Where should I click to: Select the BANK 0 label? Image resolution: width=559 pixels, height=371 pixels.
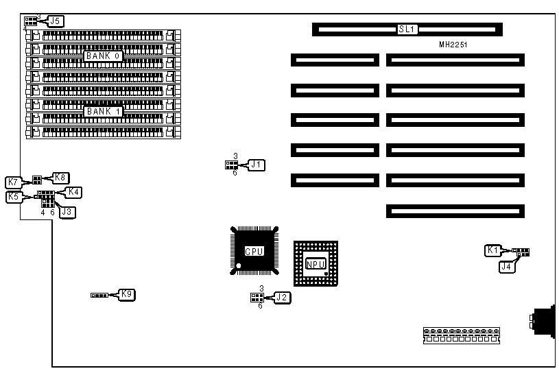click(104, 56)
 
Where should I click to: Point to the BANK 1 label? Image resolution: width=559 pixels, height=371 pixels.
click(104, 111)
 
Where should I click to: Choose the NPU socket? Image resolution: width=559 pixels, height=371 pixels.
click(316, 263)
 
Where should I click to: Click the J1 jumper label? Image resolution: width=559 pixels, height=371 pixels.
click(256, 165)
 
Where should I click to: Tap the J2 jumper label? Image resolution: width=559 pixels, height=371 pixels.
click(282, 297)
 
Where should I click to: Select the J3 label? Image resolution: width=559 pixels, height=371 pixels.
click(67, 212)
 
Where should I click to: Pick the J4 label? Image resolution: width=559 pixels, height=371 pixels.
click(506, 267)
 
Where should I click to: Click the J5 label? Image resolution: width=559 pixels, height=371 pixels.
click(56, 21)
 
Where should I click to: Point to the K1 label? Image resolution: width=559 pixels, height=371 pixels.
click(492, 251)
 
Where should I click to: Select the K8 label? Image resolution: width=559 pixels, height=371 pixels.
click(61, 177)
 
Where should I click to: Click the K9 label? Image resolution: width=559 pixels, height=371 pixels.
click(127, 295)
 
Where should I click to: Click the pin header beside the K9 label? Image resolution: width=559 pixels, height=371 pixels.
click(100, 296)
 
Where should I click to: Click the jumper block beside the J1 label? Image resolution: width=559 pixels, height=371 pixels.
click(231, 165)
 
